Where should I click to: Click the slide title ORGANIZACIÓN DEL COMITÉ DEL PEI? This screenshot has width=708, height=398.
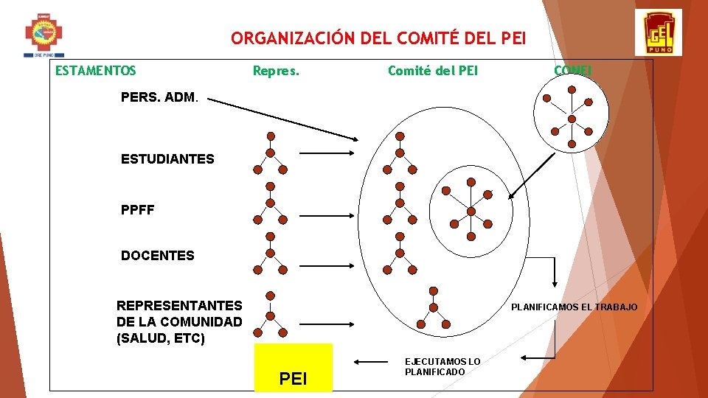[x=378, y=38]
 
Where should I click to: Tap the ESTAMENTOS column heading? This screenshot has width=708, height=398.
[x=95, y=71]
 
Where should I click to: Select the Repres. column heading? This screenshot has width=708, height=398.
[x=276, y=71]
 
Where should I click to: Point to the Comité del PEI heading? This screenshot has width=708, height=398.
[x=433, y=71]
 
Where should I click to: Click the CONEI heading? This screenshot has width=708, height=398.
[x=573, y=71]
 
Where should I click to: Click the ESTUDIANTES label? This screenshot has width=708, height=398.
[x=167, y=159]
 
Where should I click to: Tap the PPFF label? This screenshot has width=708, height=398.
[x=138, y=210]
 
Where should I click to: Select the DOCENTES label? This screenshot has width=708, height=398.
[x=158, y=256]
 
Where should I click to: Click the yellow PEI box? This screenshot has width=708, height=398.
[x=293, y=367]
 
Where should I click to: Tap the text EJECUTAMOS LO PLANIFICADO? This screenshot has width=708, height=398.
[x=442, y=366]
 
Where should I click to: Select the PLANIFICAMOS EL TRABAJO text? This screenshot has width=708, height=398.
[x=575, y=307]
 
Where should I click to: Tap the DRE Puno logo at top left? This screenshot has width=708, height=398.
[x=44, y=34]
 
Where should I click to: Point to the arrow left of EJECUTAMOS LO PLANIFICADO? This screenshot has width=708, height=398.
[x=372, y=361]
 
